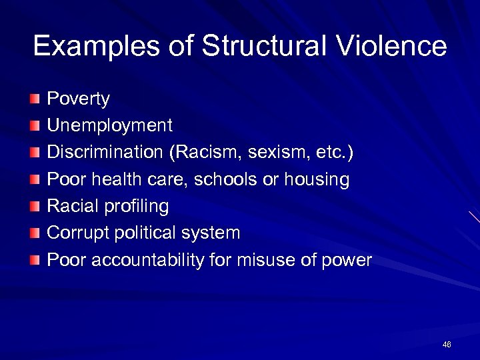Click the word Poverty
[78, 100]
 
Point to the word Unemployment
[109, 125]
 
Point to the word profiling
[135, 207]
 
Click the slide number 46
[447, 344]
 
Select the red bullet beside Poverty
[35, 99]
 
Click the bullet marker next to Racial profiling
[35, 206]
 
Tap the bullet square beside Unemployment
[35, 126]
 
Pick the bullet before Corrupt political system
[35, 233]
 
